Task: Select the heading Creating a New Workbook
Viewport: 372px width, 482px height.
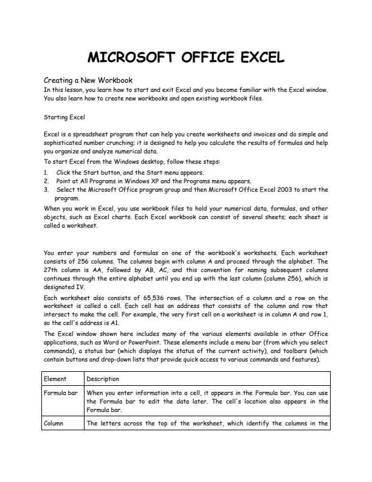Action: point(88,80)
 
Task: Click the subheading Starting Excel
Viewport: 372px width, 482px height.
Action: point(64,116)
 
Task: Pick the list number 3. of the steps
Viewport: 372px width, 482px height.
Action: point(46,189)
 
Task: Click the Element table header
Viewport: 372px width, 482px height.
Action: point(55,379)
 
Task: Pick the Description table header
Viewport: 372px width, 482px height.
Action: point(103,379)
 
